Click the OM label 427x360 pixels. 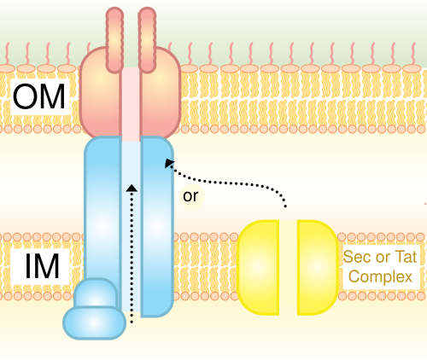39,96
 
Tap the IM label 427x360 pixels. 42,267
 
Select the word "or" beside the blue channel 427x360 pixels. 190,196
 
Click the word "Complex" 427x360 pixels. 381,276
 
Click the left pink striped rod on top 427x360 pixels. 114,40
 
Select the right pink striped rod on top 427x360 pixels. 147,40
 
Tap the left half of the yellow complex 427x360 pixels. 258,268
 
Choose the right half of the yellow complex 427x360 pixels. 318,268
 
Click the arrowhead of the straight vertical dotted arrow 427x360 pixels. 132,188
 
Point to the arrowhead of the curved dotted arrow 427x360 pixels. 169,163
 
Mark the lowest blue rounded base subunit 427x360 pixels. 95,322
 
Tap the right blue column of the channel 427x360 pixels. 157,226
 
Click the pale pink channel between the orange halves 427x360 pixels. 132,104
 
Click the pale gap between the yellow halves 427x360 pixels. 288,268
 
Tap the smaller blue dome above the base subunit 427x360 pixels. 96,293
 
